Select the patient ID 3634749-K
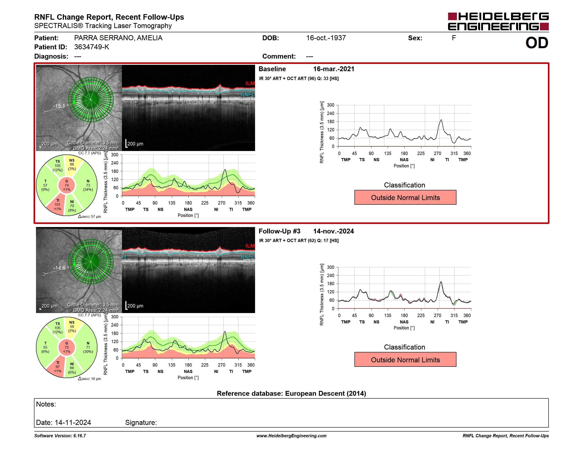click(x=92, y=47)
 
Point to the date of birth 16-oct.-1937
click(x=326, y=38)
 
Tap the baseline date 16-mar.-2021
click(x=334, y=69)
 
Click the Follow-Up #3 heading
click(x=280, y=231)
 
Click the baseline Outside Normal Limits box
click(x=405, y=197)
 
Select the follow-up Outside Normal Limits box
click(x=405, y=360)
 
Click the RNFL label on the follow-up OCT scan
click(x=248, y=257)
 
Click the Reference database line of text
click(x=291, y=393)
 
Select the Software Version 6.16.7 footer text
click(x=60, y=436)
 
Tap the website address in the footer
click(x=291, y=436)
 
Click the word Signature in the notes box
click(x=141, y=422)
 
